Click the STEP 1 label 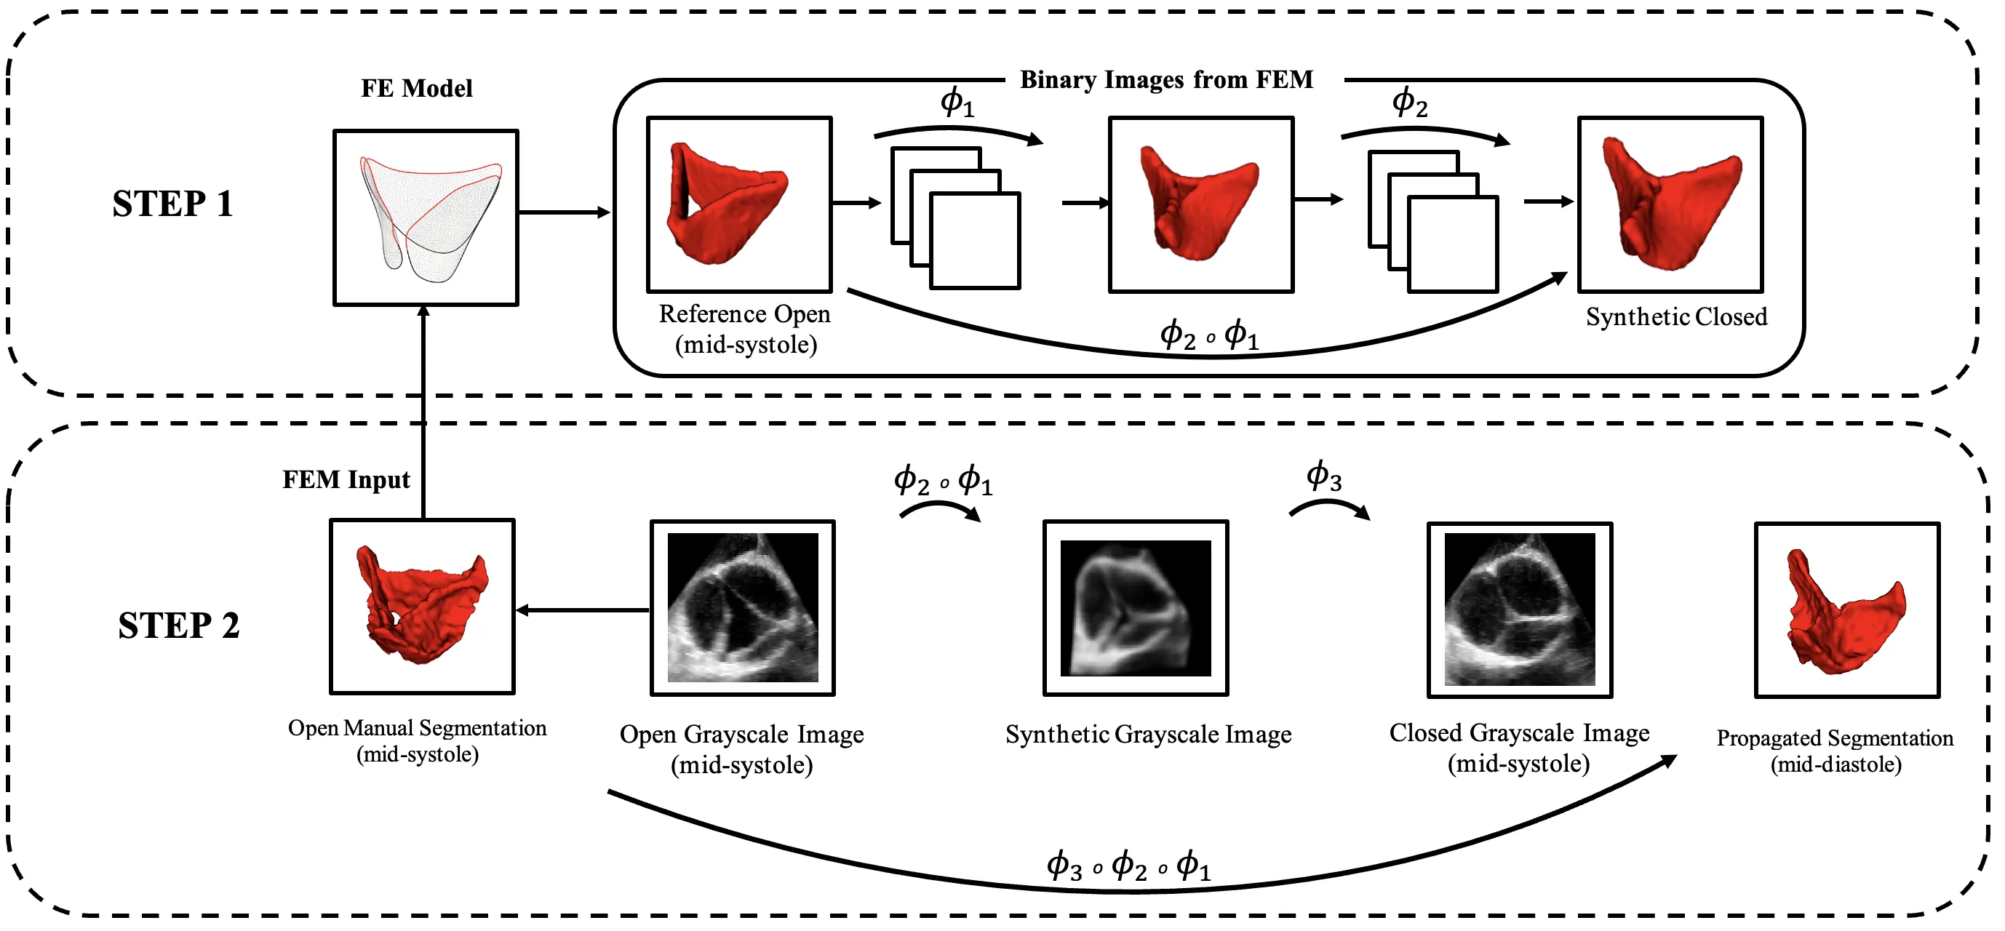click(173, 204)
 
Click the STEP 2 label click(178, 626)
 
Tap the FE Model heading click(416, 89)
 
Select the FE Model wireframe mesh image click(426, 218)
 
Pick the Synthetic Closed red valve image click(1670, 204)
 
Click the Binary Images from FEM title click(1166, 80)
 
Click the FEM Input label click(346, 479)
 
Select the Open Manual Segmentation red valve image click(423, 607)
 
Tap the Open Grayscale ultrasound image click(743, 608)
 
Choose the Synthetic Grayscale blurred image click(1136, 608)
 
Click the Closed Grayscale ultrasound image click(1519, 610)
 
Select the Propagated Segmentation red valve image click(1847, 610)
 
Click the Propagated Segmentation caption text click(1835, 751)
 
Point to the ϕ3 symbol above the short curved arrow click(1323, 476)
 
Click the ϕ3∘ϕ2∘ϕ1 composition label click(1128, 866)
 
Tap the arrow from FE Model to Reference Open click(565, 212)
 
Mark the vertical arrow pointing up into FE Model click(423, 412)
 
